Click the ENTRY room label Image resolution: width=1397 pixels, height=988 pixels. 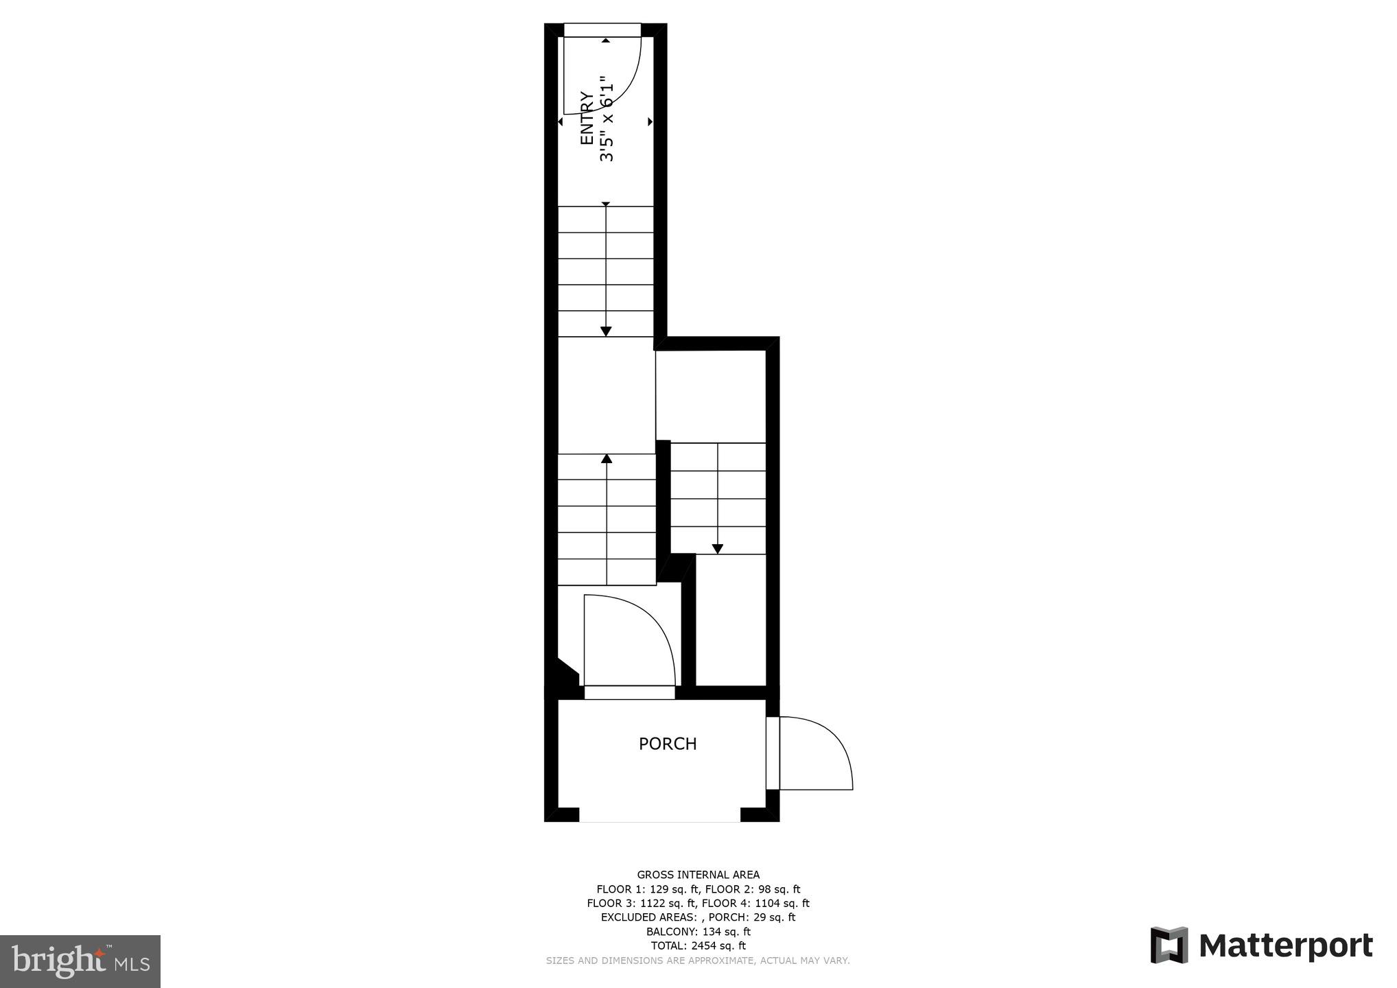pyautogui.click(x=587, y=118)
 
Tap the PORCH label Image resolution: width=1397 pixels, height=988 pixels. pyautogui.click(x=667, y=744)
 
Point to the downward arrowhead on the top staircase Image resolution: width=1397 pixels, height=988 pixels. pyautogui.click(x=606, y=331)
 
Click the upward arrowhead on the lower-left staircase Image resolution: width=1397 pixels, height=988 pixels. pyautogui.click(x=607, y=458)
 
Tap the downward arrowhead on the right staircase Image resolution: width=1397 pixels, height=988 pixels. pyautogui.click(x=717, y=549)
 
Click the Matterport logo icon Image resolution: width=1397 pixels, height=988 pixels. pyautogui.click(x=1169, y=945)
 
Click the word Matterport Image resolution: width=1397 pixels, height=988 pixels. pyautogui.click(x=1286, y=945)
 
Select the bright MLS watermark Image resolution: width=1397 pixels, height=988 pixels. pyautogui.click(x=80, y=961)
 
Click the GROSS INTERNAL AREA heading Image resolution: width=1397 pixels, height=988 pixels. pyautogui.click(x=698, y=875)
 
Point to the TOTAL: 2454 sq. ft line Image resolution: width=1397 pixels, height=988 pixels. pyautogui.click(x=698, y=945)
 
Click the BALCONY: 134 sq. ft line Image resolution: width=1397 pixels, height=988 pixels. pyautogui.click(x=698, y=932)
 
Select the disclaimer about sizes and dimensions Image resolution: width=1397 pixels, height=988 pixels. pyautogui.click(x=698, y=961)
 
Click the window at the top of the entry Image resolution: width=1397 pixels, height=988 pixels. pyautogui.click(x=602, y=30)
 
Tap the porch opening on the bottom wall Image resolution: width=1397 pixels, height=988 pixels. pyautogui.click(x=659, y=815)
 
